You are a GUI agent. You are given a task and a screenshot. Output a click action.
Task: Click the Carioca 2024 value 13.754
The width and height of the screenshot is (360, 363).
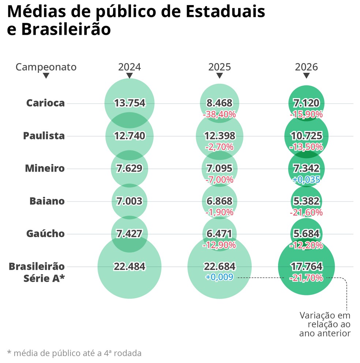point(130,103)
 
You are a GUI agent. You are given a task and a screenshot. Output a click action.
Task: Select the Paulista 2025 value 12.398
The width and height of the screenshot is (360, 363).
point(220,136)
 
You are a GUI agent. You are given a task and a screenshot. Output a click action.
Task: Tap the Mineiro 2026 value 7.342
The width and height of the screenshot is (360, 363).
point(306,169)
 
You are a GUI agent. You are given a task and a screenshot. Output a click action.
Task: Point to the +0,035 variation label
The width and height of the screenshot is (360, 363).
point(306,180)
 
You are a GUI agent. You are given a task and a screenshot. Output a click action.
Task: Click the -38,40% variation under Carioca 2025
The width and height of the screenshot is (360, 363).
point(220,114)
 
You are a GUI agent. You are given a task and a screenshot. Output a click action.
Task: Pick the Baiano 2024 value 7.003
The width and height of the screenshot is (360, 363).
point(130,201)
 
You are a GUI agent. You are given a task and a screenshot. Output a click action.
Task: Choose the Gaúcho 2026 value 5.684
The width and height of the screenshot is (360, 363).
point(306,234)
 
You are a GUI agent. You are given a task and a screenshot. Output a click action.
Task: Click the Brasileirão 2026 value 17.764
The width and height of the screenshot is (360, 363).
point(306,266)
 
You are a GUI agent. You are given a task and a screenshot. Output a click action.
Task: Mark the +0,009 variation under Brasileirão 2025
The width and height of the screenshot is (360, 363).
point(220,277)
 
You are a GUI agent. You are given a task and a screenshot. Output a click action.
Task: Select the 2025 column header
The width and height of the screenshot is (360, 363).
point(220,67)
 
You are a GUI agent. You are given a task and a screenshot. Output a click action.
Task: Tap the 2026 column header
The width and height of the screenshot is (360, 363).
point(306,67)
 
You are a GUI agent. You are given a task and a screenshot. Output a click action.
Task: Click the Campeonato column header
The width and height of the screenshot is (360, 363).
point(46,67)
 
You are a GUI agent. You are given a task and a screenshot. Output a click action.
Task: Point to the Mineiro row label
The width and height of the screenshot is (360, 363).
point(45,169)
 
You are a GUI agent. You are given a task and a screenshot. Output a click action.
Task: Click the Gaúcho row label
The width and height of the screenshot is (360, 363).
point(45,234)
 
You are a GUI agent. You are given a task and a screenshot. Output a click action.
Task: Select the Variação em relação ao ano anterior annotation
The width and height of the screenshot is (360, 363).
point(325,324)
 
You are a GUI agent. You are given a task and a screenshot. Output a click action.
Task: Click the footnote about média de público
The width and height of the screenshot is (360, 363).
point(74,353)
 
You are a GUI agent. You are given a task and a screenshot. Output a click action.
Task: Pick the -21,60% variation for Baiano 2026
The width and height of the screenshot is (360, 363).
point(306,212)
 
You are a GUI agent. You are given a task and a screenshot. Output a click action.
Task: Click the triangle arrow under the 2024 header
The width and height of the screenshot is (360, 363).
point(130,76)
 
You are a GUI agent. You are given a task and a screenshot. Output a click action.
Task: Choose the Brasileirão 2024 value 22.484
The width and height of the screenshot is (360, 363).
point(130,266)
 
